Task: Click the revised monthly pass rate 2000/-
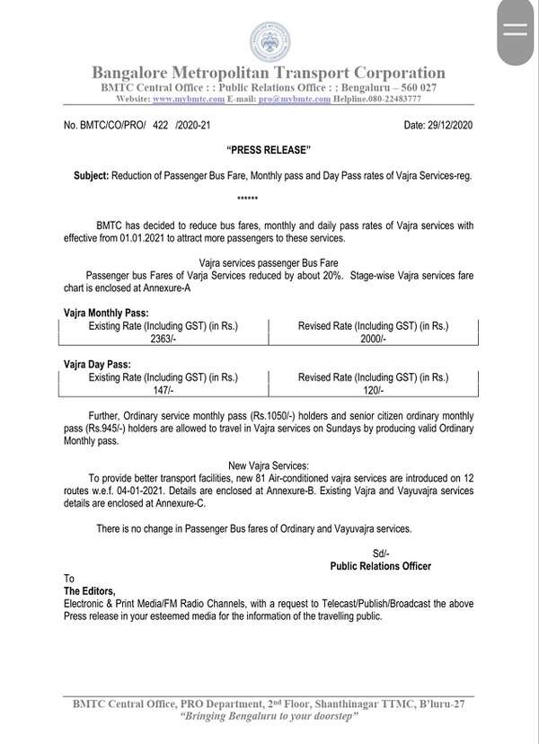(372, 341)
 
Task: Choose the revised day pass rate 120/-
(372, 391)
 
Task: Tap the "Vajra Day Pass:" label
(95, 364)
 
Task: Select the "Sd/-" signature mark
(381, 552)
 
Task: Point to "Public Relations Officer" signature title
(381, 565)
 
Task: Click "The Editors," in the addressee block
(90, 590)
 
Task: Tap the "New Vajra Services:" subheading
(269, 465)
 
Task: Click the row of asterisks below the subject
(248, 195)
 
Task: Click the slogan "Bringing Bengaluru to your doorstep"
(269, 716)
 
